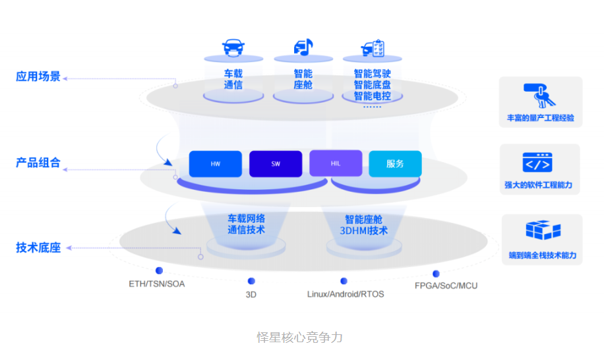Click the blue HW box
point(215,164)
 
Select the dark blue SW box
point(276,164)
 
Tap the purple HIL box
point(336,164)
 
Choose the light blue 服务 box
point(395,164)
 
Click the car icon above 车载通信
point(233,47)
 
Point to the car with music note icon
point(303,47)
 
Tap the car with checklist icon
point(373,48)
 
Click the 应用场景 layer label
point(38,76)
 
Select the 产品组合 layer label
point(38,162)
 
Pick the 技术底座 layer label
point(38,248)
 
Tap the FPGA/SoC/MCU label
point(446,285)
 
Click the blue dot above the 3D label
point(251,281)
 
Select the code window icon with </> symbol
point(537,162)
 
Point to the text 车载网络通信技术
point(246,224)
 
